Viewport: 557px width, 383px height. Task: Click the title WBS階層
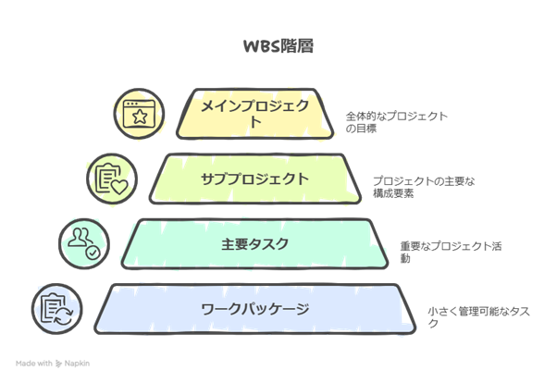(278, 46)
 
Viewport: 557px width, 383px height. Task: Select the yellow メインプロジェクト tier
(255, 114)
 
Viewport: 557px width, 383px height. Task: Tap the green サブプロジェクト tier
(255, 179)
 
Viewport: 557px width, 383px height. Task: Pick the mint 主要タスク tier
(255, 243)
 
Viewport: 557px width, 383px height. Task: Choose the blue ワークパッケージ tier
(255, 309)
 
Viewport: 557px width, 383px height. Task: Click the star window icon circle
(139, 114)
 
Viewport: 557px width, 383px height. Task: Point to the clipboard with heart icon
(112, 179)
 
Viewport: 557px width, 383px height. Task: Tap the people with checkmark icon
(84, 243)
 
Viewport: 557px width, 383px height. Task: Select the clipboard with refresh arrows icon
(57, 309)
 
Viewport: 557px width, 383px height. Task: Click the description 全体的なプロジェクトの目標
(396, 122)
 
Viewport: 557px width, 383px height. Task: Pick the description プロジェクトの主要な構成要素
(424, 187)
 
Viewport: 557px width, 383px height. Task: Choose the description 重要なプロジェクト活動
(451, 252)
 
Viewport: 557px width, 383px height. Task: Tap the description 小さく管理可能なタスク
(478, 317)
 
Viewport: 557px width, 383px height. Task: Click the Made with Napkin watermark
(53, 364)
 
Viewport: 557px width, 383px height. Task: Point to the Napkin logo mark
(58, 364)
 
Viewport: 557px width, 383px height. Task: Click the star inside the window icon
(140, 117)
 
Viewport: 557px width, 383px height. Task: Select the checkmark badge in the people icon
(93, 253)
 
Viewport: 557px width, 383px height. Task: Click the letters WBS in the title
(261, 46)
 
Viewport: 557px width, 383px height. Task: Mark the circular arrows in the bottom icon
(64, 316)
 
